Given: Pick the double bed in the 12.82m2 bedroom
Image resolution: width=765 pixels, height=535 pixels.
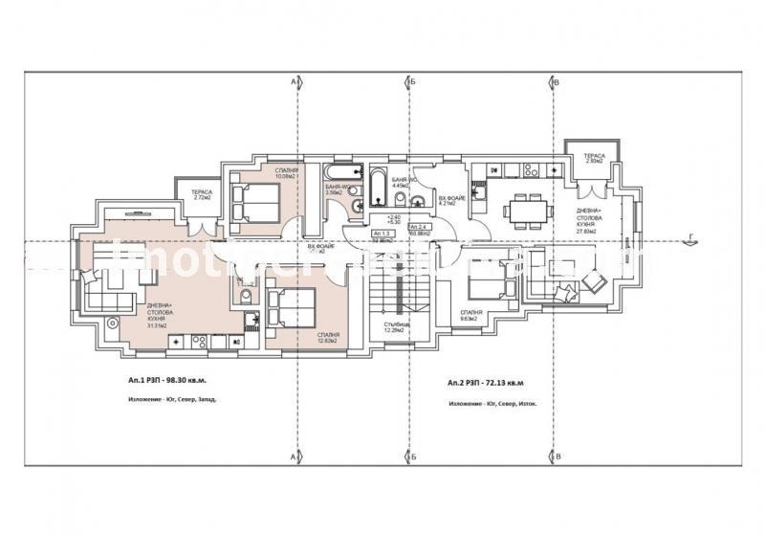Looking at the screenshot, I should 291,310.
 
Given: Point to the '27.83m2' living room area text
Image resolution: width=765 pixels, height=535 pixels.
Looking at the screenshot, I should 586,231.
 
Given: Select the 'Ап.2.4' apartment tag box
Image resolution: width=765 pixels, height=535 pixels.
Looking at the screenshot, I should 419,228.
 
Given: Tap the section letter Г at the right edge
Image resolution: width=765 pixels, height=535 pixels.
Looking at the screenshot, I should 742,244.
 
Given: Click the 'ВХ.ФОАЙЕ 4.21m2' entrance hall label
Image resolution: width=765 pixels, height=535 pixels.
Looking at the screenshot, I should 451,199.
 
